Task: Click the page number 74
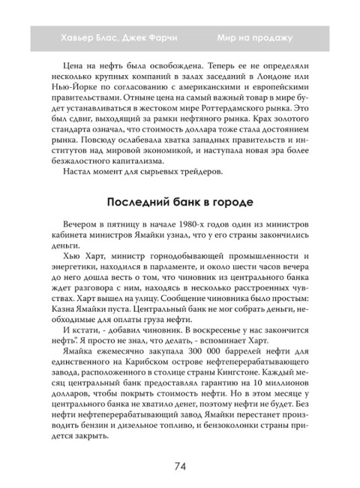point(179,465)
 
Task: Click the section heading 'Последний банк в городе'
point(179,203)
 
